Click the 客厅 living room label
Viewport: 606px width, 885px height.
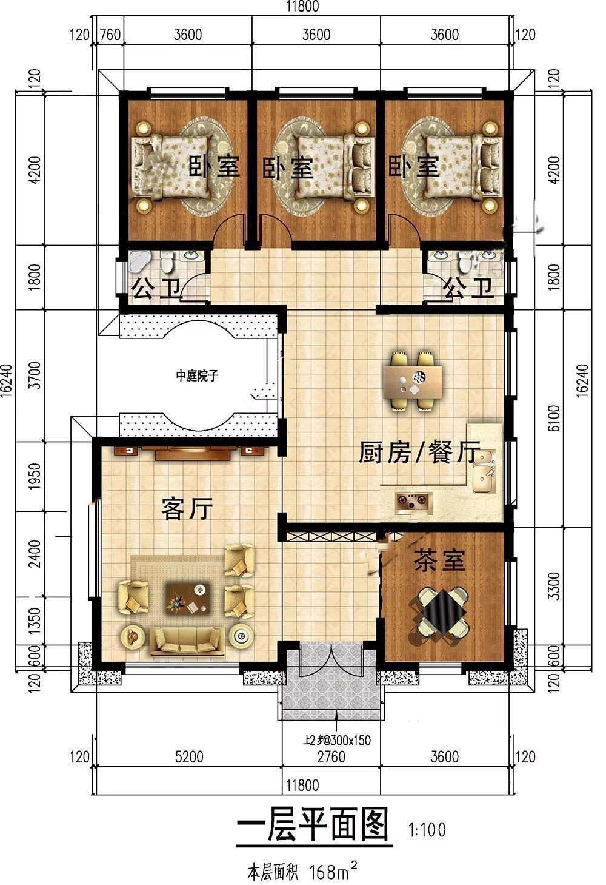point(187,508)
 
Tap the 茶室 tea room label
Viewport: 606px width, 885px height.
point(439,560)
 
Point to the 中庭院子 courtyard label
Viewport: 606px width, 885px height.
point(197,375)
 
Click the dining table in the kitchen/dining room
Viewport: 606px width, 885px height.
point(413,382)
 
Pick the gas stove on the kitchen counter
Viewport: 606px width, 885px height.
point(413,503)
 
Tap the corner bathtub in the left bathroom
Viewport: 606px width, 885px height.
point(138,261)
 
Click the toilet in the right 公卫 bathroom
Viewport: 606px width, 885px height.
point(465,262)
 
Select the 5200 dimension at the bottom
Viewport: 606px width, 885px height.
point(188,757)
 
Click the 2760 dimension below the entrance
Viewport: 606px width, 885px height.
point(331,757)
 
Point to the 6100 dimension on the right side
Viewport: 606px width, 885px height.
point(554,418)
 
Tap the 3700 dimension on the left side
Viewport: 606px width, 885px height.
point(35,375)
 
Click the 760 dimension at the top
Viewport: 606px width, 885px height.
point(110,35)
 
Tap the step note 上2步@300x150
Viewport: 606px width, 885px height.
point(337,740)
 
